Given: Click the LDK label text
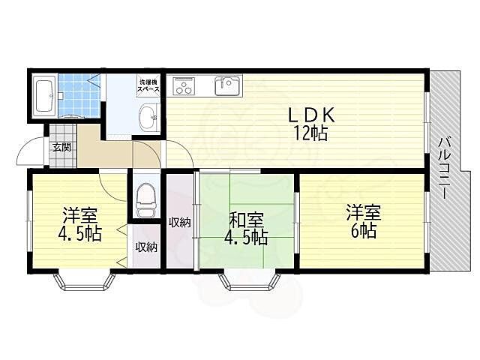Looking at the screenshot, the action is click(311, 116).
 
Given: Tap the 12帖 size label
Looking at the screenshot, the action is click(310, 133).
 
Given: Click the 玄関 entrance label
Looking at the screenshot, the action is click(61, 147).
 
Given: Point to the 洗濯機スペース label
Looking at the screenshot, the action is click(148, 85).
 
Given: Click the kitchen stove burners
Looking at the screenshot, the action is click(184, 86).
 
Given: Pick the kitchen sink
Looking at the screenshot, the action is click(227, 86).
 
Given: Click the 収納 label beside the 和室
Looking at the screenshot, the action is click(180, 223).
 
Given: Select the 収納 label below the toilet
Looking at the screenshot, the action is click(146, 247).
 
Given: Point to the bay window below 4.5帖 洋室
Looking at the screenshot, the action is click(85, 282).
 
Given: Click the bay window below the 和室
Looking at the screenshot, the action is click(250, 282).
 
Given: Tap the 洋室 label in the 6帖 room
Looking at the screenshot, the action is click(363, 213).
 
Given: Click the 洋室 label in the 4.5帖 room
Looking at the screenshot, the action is click(80, 215).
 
